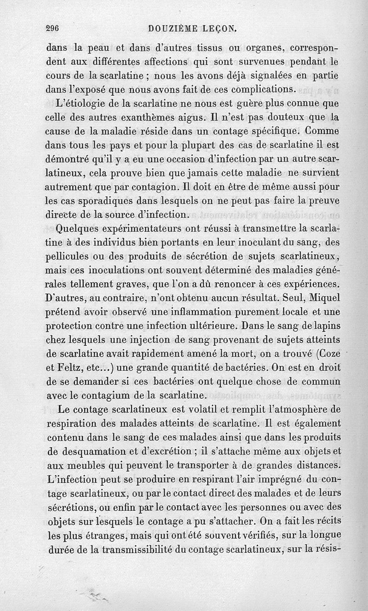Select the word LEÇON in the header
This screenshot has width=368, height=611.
219,29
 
